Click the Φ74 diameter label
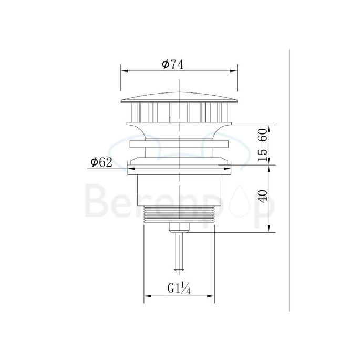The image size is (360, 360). point(173,64)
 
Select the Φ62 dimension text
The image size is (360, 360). point(101,162)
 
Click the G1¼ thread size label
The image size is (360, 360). point(179,288)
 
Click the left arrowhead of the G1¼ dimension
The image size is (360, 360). point(146,296)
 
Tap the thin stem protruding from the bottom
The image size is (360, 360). point(179,252)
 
